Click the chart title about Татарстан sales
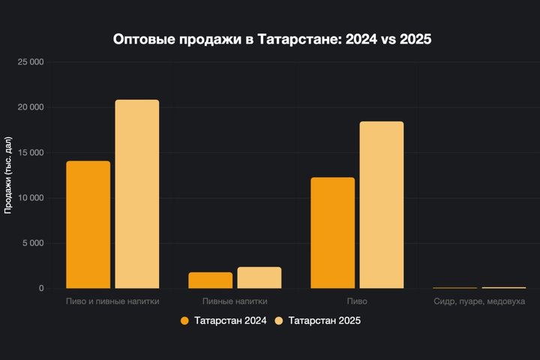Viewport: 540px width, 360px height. click(272, 39)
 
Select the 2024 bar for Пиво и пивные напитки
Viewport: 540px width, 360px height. click(88, 224)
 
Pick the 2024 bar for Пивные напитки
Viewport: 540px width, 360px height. click(210, 280)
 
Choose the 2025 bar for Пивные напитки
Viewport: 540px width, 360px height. click(259, 277)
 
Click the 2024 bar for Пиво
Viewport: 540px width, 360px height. click(332, 232)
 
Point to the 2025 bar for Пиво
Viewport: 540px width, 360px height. click(381, 205)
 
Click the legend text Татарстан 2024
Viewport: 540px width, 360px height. click(230, 321)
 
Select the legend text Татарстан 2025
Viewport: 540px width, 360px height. click(325, 321)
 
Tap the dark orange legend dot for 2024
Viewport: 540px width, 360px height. click(184, 321)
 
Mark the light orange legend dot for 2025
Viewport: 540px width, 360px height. click(279, 321)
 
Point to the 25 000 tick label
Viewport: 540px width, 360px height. click(29, 62)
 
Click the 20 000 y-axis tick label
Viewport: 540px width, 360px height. click(29, 107)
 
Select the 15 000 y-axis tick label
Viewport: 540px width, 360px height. click(29, 153)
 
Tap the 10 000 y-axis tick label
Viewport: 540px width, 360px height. click(29, 198)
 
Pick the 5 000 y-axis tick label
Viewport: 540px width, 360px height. click(32, 243)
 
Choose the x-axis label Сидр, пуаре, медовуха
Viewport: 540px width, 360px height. click(479, 301)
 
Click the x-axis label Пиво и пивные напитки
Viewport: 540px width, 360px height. click(112, 301)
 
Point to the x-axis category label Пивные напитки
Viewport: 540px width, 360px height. click(235, 301)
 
